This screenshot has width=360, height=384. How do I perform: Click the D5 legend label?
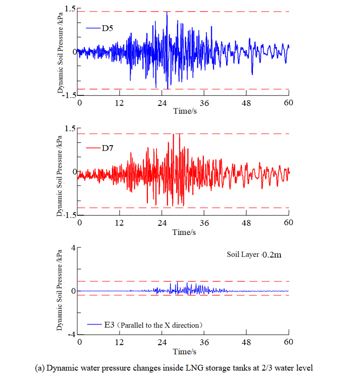(107, 28)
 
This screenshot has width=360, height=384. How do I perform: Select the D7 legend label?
(107, 148)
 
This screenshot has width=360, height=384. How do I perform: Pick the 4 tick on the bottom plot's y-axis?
(73, 248)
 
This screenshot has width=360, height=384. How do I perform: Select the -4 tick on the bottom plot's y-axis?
(72, 334)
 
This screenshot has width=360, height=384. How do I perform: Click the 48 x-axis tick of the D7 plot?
(247, 223)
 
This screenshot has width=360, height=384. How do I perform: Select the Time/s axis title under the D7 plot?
(184, 232)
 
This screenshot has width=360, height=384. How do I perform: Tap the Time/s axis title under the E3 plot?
(184, 351)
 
